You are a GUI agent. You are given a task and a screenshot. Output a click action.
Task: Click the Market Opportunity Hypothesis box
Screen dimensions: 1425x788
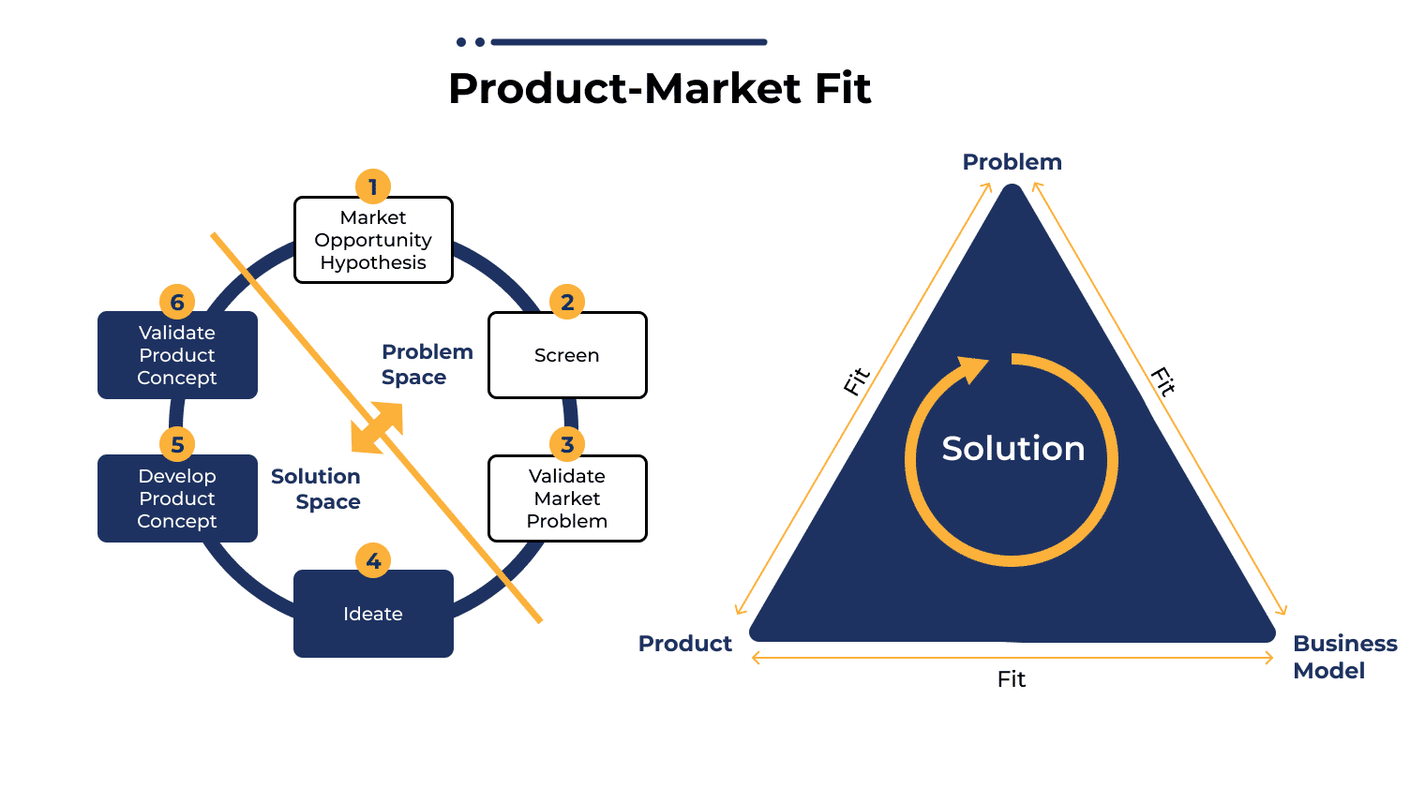point(373,240)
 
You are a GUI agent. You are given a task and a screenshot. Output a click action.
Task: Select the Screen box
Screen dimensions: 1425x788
point(567,355)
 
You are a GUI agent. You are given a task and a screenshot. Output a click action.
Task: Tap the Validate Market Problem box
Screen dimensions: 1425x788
point(567,498)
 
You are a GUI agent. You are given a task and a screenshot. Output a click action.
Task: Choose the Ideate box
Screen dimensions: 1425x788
point(373,614)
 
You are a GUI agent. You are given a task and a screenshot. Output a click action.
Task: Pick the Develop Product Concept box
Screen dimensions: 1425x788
point(177,498)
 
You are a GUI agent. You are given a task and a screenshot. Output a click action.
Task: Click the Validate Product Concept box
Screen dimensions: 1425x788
point(177,355)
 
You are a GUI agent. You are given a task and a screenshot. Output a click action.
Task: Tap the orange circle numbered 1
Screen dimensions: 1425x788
point(373,187)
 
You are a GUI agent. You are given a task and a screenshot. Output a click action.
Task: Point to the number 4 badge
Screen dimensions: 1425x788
point(373,561)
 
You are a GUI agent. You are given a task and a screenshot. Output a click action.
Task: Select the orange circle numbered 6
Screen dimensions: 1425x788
point(177,302)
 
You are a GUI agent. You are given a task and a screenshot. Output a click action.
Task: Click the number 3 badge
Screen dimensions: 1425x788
point(567,444)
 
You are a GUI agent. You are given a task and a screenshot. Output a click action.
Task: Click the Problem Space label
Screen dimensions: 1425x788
point(427,364)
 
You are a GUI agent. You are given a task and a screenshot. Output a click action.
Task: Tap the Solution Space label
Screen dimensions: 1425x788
point(316,489)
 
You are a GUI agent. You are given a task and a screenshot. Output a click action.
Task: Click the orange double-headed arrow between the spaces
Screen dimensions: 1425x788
point(377,428)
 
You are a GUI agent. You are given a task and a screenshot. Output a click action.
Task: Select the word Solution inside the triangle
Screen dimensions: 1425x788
point(1013,449)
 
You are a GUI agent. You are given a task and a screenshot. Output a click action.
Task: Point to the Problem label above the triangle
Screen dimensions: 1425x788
point(1012,161)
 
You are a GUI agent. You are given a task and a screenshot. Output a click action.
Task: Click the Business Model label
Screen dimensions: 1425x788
point(1344,657)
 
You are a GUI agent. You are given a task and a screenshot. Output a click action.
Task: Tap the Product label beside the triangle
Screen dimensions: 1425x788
point(685,644)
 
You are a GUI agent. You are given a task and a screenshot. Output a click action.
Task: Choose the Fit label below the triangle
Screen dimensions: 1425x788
point(1012,679)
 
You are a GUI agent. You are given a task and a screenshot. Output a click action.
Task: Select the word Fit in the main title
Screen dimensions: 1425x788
point(843,88)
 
